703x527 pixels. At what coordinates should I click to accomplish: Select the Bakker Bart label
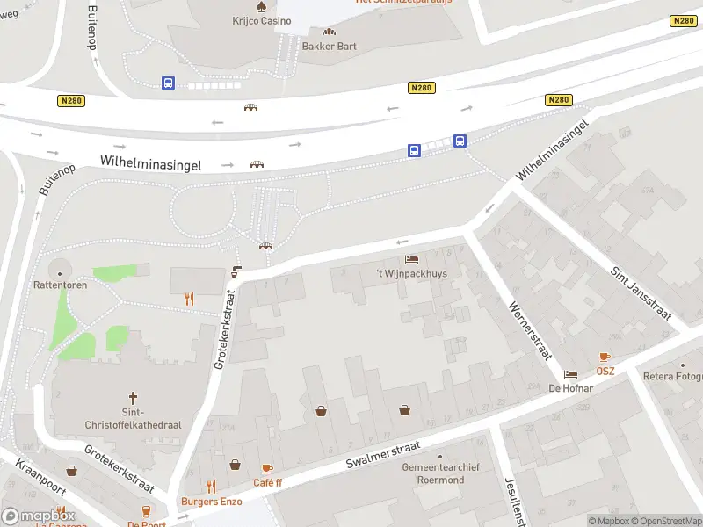pos(329,46)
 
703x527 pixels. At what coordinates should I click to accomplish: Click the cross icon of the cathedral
pos(134,398)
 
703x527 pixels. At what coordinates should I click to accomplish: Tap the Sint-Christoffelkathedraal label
pos(134,418)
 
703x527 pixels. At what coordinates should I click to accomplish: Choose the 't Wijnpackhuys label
pos(411,274)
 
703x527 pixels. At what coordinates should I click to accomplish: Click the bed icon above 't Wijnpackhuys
pos(411,259)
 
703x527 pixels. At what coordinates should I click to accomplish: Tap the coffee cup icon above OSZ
pos(605,357)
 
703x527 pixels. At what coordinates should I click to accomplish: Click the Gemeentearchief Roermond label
pos(440,473)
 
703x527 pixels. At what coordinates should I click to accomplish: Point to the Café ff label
pos(267,482)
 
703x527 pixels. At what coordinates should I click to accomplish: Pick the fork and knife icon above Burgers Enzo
pos(211,486)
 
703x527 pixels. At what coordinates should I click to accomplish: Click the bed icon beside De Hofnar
pos(571,374)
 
